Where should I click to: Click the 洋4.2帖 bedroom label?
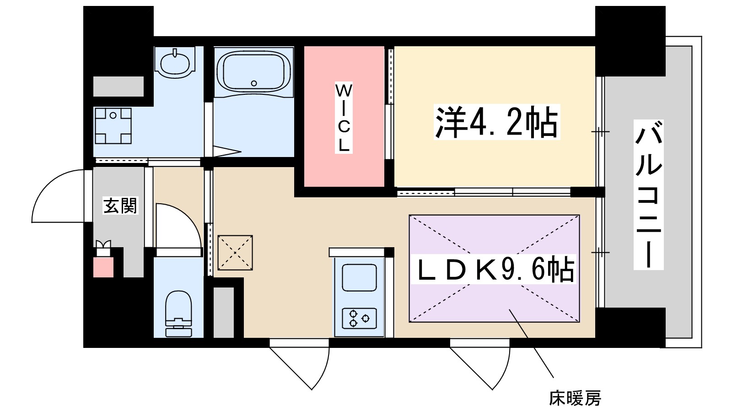(x=496, y=122)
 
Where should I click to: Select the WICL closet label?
(x=344, y=118)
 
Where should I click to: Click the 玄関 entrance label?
(x=120, y=206)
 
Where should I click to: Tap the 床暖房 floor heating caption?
(x=575, y=398)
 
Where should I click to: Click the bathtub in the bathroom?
(x=254, y=71)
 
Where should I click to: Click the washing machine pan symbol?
(x=113, y=126)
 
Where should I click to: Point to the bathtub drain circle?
(x=254, y=83)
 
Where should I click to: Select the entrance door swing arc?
(x=57, y=195)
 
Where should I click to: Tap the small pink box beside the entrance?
(x=103, y=267)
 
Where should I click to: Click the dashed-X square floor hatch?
(x=235, y=252)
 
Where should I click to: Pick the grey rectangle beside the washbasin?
(x=118, y=87)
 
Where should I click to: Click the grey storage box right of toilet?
(x=224, y=312)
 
